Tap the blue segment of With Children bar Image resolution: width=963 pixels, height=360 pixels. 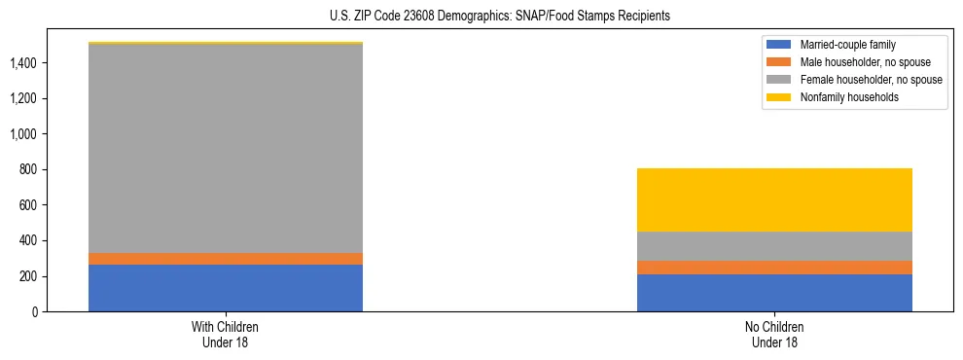click(x=226, y=288)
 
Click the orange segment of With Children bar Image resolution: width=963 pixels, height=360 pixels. click(x=226, y=259)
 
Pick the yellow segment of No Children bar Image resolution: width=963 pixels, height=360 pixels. click(x=774, y=199)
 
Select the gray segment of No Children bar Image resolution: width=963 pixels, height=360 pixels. click(x=774, y=246)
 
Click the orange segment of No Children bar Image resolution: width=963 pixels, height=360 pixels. click(x=774, y=268)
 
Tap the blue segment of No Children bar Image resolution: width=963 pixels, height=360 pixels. click(x=774, y=293)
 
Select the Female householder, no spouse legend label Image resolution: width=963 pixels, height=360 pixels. click(x=870, y=80)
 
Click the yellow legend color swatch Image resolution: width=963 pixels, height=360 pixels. click(x=779, y=97)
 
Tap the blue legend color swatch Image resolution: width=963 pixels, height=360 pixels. click(x=779, y=45)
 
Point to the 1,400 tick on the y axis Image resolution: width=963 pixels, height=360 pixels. click(x=25, y=63)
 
